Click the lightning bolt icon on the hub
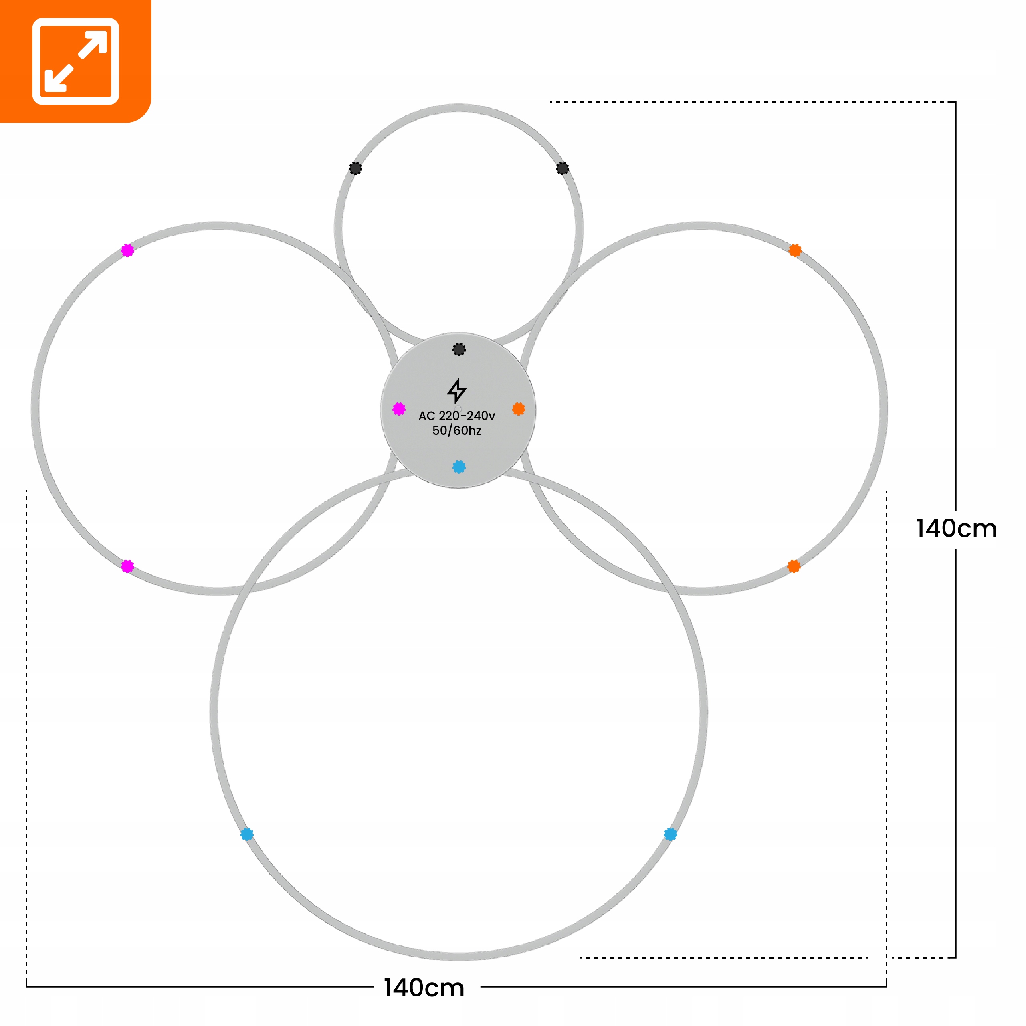pyautogui.click(x=457, y=391)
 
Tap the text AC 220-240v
pyautogui.click(x=457, y=416)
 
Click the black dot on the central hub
pyautogui.click(x=459, y=349)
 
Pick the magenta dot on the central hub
pyautogui.click(x=399, y=409)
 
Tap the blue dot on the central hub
pyautogui.click(x=459, y=467)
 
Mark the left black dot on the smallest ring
pyautogui.click(x=355, y=168)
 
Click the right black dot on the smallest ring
pyautogui.click(x=562, y=168)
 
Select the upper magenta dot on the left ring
pyautogui.click(x=127, y=250)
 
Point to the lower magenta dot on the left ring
pyautogui.click(x=127, y=566)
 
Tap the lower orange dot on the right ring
pyautogui.click(x=794, y=566)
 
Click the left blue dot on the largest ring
pyautogui.click(x=247, y=834)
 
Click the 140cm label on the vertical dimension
pyautogui.click(x=956, y=529)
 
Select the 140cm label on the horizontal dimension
pyautogui.click(x=424, y=988)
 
